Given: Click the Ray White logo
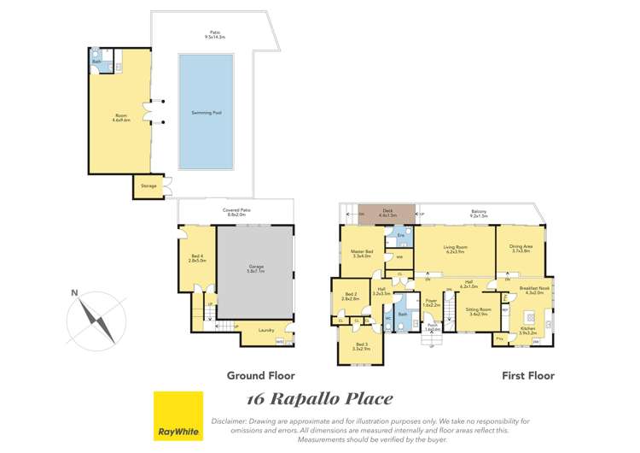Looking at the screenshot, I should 177,415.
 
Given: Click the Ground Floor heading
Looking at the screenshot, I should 260,375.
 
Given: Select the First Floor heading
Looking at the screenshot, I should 528,375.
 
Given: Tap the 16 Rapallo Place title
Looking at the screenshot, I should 319,399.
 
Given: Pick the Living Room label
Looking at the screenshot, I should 454,250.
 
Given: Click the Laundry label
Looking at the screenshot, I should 267,330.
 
